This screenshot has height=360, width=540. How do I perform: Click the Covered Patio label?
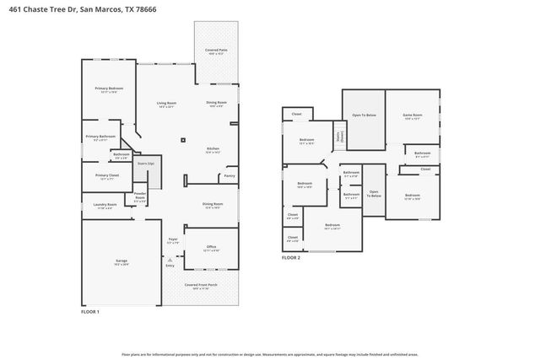pyautogui.click(x=215, y=51)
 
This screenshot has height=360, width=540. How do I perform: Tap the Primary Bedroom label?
pyautogui.click(x=109, y=89)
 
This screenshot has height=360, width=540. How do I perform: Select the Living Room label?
pyautogui.click(x=165, y=105)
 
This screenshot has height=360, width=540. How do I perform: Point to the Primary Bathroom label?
pyautogui.click(x=100, y=137)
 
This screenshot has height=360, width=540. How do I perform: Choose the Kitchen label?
pyautogui.click(x=213, y=150)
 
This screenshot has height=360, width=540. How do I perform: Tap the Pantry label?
pyautogui.click(x=229, y=176)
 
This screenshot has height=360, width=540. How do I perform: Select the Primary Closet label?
pyautogui.click(x=106, y=177)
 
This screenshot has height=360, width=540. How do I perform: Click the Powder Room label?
pyautogui.click(x=140, y=199)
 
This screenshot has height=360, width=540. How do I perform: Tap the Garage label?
pyautogui.click(x=121, y=262)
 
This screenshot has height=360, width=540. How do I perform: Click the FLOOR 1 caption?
pyautogui.click(x=90, y=312)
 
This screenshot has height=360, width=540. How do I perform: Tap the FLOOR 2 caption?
pyautogui.click(x=291, y=257)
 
